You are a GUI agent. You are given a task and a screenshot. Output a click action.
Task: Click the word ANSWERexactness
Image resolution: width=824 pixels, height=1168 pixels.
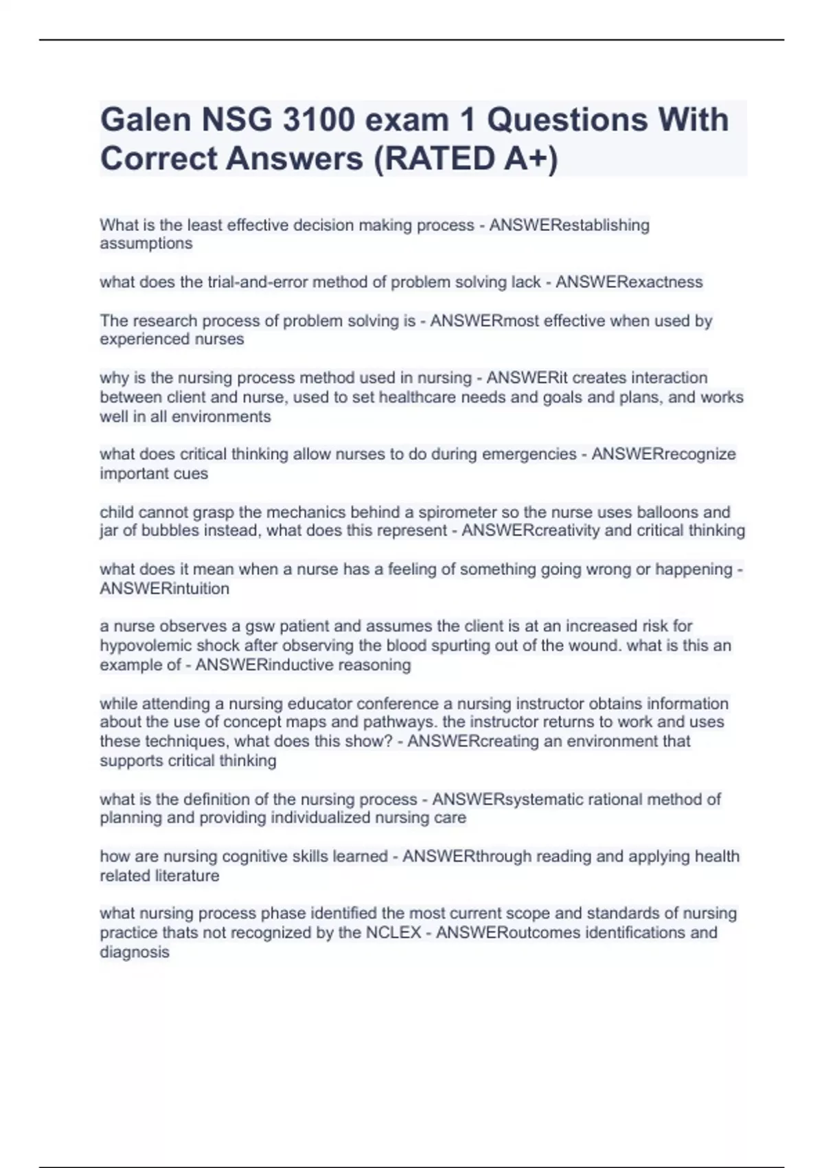pos(629,282)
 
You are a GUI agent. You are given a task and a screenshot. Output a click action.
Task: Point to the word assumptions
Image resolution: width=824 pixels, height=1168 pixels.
pos(146,244)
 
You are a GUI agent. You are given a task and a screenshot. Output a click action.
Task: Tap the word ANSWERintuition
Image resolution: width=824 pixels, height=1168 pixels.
pos(165,589)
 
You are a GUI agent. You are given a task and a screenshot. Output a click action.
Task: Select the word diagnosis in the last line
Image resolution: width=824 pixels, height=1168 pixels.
pos(135,952)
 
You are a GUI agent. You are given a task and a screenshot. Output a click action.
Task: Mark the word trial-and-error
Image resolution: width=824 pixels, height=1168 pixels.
pos(251,282)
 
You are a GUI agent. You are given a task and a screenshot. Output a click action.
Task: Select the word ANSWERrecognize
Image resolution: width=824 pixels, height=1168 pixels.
pos(663,454)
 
